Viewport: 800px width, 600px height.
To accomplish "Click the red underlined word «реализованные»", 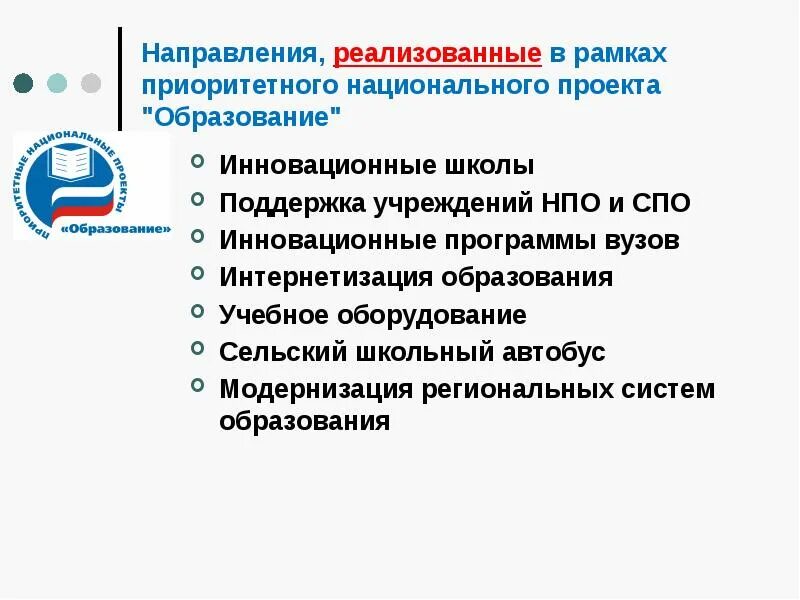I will [x=438, y=52].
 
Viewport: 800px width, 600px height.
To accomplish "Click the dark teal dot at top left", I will [x=24, y=82].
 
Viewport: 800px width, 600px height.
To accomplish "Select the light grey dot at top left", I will [x=90, y=82].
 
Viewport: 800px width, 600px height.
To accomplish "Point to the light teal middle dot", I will [x=57, y=82].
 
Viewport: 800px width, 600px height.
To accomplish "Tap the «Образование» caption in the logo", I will [x=116, y=228].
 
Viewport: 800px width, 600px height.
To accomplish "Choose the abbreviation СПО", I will [x=661, y=203].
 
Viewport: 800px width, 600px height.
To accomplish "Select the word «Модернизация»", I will [x=316, y=389].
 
